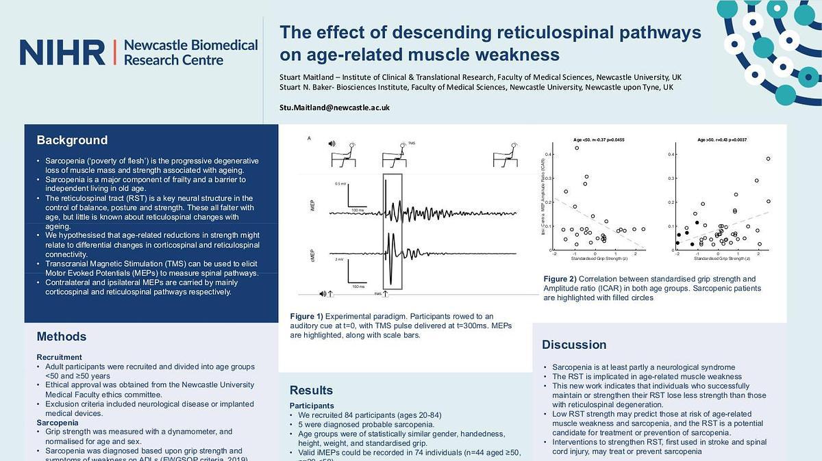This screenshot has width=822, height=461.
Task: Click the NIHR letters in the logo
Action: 62,53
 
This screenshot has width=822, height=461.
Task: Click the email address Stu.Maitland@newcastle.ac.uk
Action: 334,107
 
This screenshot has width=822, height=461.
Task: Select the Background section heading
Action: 72,140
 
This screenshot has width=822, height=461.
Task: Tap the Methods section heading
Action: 62,337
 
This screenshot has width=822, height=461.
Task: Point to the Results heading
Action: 311,391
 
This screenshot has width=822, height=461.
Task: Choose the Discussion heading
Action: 574,345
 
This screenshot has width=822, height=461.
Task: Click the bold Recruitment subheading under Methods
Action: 59,357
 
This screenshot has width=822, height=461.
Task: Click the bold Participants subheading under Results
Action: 312,406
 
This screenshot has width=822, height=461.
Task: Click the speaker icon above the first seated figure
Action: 332,144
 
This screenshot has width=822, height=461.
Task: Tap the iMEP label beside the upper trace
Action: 312,205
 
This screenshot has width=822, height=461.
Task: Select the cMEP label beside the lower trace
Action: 312,258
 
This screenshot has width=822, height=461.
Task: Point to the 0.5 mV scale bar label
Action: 340,183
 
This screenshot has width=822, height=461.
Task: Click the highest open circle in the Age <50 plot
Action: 577,148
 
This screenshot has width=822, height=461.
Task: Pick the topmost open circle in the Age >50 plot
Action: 769,159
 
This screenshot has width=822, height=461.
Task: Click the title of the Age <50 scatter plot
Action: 598,140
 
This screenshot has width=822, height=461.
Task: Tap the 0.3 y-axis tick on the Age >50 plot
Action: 671,179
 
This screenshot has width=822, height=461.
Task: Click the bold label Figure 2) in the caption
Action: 560,279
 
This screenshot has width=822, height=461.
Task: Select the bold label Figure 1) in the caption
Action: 306,316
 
